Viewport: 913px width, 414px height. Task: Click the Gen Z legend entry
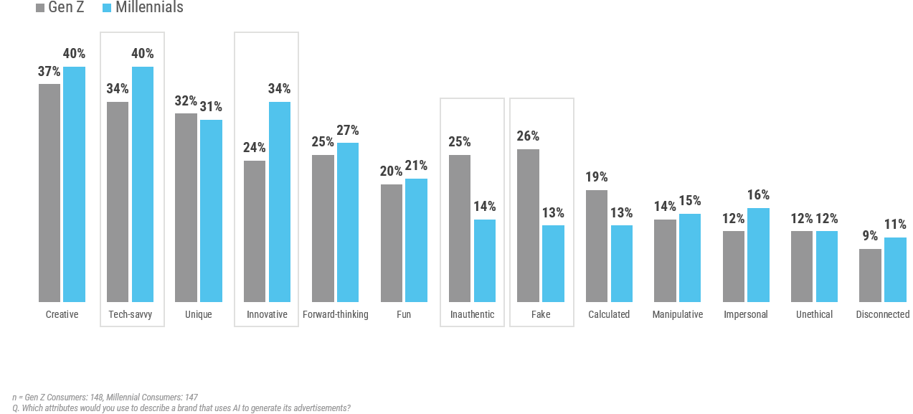[x=60, y=8]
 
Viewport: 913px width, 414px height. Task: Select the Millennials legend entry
[x=143, y=8]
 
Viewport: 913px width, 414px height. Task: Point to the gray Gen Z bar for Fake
[x=528, y=225]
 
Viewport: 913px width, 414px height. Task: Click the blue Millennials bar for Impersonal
[x=759, y=255]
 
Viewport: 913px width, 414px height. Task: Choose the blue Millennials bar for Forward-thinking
[x=348, y=222]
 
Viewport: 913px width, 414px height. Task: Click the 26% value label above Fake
[x=528, y=136]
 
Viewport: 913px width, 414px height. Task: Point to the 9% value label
[x=870, y=236]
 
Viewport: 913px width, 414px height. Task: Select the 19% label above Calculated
[x=597, y=177]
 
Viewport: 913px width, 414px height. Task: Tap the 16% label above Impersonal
[x=758, y=195]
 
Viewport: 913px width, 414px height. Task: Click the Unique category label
[x=198, y=314]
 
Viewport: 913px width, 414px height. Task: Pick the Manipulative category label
[x=677, y=314]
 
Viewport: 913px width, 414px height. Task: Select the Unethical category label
[x=814, y=314]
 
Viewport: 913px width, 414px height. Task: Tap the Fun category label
[x=404, y=314]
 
